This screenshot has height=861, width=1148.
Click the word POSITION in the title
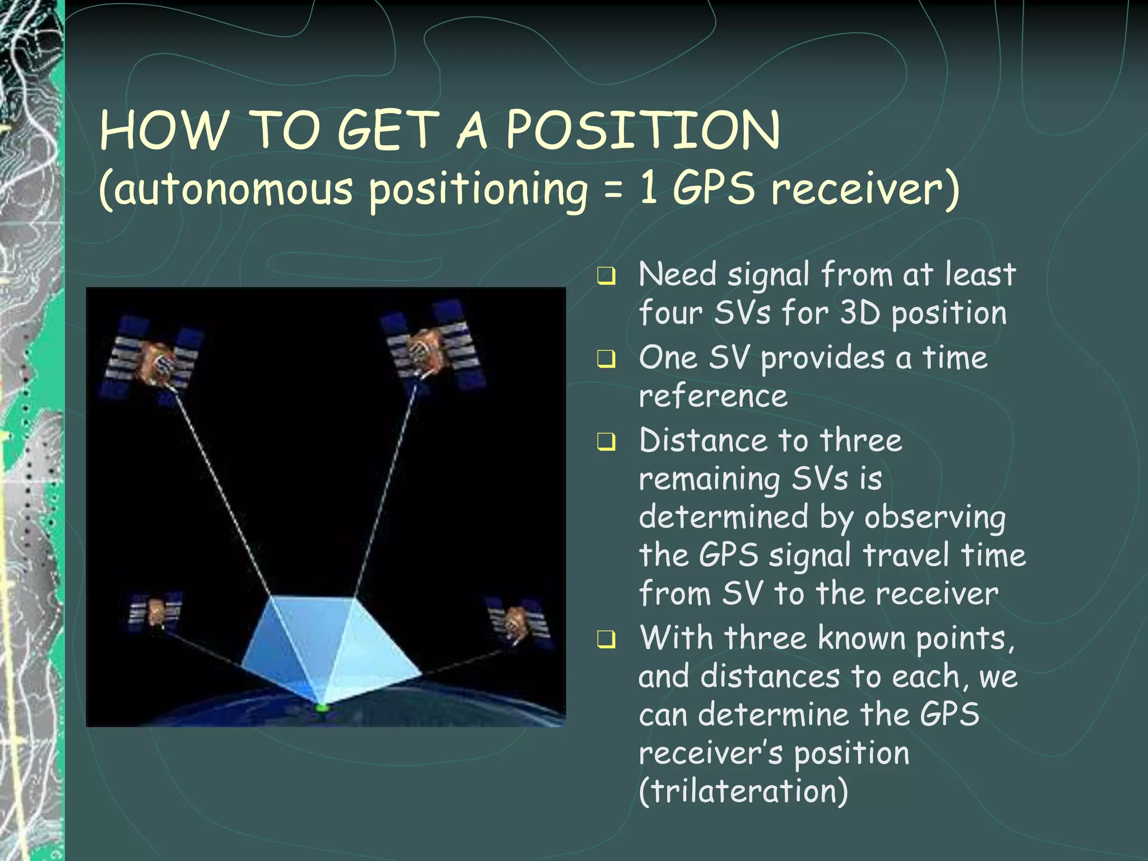click(x=643, y=130)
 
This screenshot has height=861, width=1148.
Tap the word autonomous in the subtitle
click(x=226, y=189)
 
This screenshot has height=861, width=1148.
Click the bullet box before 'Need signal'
click(x=606, y=276)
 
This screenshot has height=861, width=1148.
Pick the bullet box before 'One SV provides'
click(x=606, y=359)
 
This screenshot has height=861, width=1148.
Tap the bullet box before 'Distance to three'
click(x=606, y=442)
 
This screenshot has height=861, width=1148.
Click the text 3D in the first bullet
click(x=860, y=313)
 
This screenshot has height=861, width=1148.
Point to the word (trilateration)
click(x=743, y=791)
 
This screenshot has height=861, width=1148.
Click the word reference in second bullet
click(x=713, y=396)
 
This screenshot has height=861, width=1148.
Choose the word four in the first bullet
click(x=670, y=313)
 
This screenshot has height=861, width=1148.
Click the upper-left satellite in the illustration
click(x=152, y=359)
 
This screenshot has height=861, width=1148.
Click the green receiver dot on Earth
click(x=322, y=708)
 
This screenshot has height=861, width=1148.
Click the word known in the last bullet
click(x=862, y=638)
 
